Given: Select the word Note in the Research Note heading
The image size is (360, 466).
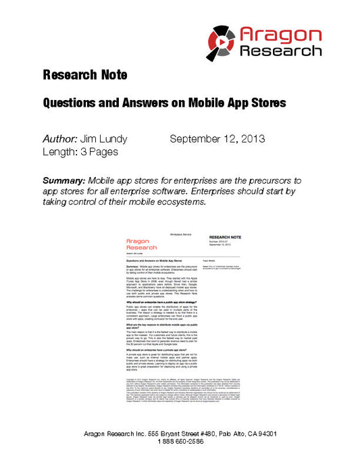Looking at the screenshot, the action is pos(111,74).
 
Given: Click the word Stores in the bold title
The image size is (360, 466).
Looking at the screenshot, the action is pos(266,103).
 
